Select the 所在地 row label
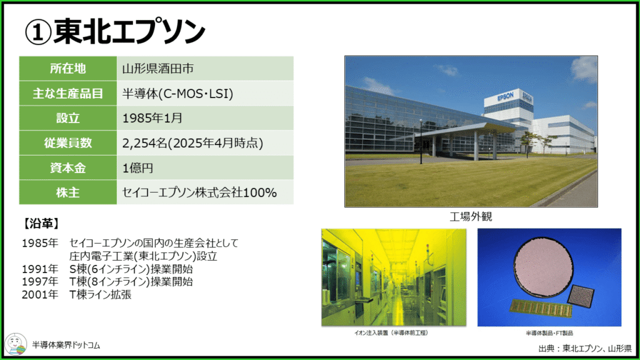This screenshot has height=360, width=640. coord(67,69)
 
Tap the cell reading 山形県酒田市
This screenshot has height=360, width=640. coord(205,69)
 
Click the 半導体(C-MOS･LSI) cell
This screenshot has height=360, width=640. coord(205,94)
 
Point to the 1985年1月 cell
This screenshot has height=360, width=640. coord(205,118)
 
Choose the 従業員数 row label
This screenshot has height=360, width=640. coord(67,143)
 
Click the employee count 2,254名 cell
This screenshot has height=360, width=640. coord(205,143)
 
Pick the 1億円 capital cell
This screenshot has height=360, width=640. coord(205,167)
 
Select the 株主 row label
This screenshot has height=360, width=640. coord(67,192)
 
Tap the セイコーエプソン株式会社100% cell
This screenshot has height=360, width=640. coord(205,192)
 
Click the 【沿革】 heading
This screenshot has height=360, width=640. coord(41,224)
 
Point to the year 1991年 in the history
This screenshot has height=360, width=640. coord(40,269)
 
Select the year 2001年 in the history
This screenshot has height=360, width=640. coord(40,294)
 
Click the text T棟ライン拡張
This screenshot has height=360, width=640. coord(101,294)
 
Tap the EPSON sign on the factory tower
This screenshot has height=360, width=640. coord(505,97)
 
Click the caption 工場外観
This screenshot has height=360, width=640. coord(471,216)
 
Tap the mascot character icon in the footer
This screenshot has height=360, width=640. coord(16,344)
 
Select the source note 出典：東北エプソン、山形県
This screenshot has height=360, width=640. coord(585,348)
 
